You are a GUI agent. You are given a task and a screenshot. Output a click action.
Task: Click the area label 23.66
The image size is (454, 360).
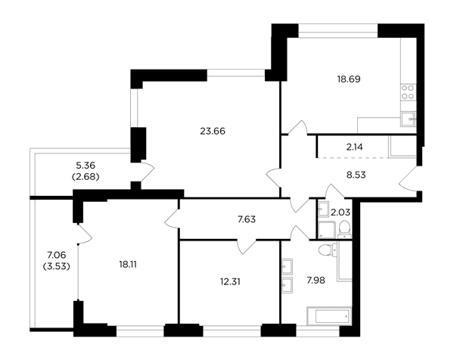pyautogui.click(x=213, y=132)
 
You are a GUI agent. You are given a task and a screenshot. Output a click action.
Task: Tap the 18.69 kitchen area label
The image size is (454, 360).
pyautogui.click(x=349, y=79)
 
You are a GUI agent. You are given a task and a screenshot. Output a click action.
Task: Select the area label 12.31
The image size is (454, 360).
pyautogui.click(x=230, y=281)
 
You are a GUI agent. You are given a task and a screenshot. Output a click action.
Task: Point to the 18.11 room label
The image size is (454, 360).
pyautogui.click(x=128, y=264)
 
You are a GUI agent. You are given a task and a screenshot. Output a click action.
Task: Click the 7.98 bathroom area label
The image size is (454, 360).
pyautogui.click(x=316, y=280)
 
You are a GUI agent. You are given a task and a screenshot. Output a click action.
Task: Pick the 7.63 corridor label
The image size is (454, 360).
pyautogui.click(x=247, y=219)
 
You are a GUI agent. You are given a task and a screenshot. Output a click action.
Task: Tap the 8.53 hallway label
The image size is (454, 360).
pyautogui.click(x=356, y=175)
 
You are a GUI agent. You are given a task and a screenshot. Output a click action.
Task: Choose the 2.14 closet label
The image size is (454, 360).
pyautogui.click(x=354, y=147)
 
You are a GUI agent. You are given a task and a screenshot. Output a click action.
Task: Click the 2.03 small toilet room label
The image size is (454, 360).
pyautogui.click(x=340, y=213)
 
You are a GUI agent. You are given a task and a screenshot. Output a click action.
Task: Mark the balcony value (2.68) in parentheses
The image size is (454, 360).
pyautogui.click(x=86, y=177)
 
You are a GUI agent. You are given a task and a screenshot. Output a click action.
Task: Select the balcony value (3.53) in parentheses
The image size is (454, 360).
pyautogui.click(x=57, y=266)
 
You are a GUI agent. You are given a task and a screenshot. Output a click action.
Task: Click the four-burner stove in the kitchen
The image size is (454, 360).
pyautogui.click(x=408, y=92)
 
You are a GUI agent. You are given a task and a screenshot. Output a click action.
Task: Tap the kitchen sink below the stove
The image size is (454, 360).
pyautogui.click(x=409, y=119)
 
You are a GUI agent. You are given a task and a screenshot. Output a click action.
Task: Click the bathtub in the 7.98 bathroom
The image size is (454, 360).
pyautogui.click(x=329, y=316)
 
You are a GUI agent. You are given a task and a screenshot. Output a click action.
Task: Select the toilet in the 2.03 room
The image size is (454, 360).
pyautogui.click(x=344, y=229)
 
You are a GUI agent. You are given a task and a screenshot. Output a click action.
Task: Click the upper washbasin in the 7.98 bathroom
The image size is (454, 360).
pyautogui.click(x=287, y=266)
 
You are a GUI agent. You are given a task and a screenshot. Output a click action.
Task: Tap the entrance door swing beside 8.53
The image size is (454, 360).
pyautogui.click(x=409, y=178)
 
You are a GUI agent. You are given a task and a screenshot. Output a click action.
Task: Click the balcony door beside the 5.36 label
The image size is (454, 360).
pyautogui.click(x=146, y=171)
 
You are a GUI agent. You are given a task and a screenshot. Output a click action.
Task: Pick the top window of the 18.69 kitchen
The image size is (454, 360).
pyautogui.click(x=338, y=31)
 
